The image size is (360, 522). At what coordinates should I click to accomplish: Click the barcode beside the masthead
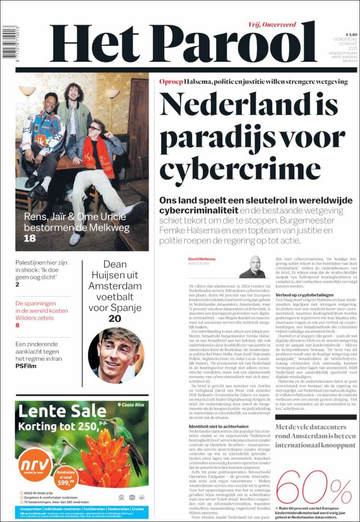(9, 43)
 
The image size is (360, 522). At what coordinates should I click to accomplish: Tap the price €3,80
(351, 35)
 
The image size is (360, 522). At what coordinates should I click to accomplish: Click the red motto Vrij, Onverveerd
(273, 24)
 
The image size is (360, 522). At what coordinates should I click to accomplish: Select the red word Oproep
(171, 82)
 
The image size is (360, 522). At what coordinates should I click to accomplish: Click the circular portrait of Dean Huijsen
(116, 356)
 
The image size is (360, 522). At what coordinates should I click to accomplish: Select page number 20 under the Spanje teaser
(115, 319)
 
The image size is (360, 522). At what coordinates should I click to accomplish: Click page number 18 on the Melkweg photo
(30, 237)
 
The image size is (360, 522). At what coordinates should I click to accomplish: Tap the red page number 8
(18, 325)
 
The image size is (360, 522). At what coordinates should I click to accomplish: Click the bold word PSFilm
(26, 366)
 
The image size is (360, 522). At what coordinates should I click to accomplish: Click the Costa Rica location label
(133, 405)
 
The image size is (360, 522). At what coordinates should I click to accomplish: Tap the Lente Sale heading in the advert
(62, 411)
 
